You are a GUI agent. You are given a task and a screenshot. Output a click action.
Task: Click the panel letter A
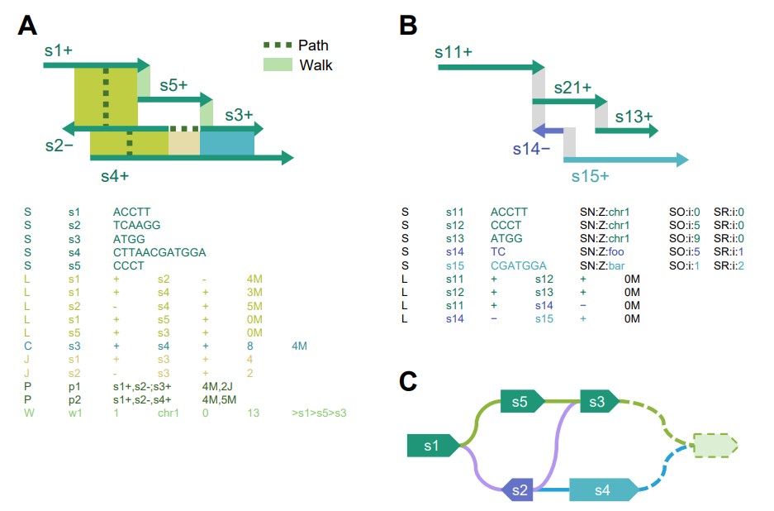[27, 25]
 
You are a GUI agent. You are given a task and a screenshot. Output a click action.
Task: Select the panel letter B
[408, 25]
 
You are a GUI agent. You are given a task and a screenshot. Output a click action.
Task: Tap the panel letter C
[408, 380]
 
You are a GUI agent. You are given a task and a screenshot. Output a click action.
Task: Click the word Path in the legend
[313, 45]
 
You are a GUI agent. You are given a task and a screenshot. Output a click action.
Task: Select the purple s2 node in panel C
[519, 490]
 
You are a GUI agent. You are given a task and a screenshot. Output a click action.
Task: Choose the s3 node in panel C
[596, 402]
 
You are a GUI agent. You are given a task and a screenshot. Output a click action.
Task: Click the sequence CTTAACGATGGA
[159, 252]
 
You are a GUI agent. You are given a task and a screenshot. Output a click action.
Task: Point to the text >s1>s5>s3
[319, 412]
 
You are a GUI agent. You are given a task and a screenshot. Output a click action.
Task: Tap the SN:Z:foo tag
[606, 252]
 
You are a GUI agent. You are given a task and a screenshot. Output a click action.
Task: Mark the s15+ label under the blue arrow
[591, 175]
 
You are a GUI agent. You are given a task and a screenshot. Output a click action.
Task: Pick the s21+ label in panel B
[572, 87]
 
